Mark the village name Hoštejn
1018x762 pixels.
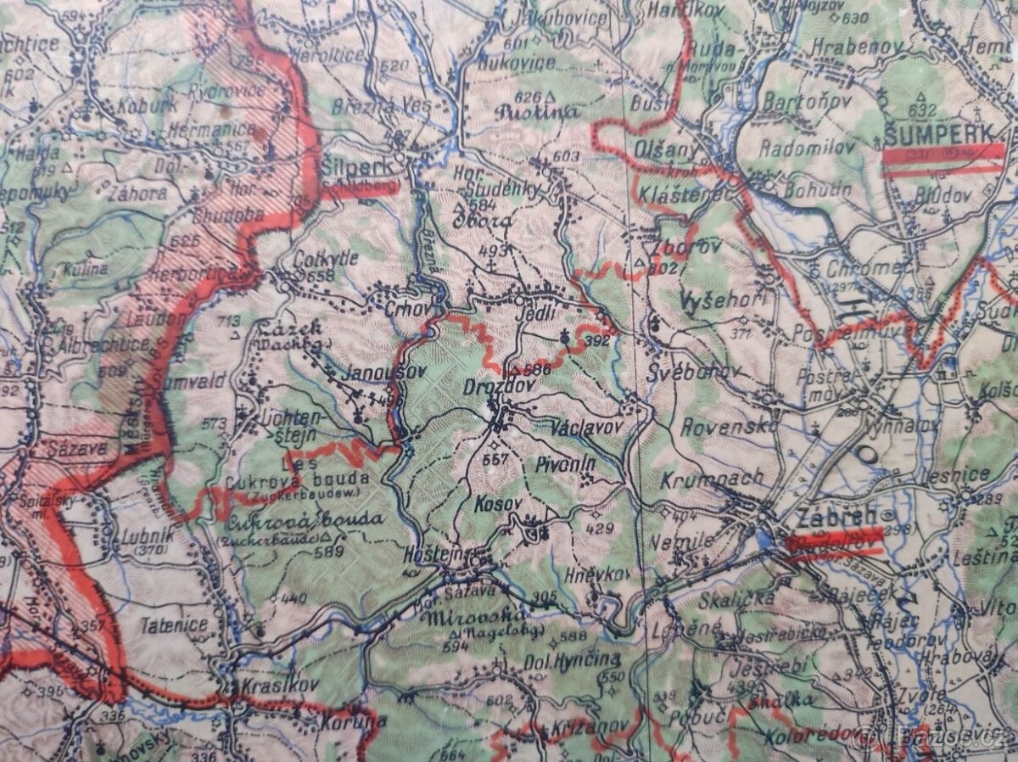coord(435,552)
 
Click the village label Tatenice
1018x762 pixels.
coord(175,625)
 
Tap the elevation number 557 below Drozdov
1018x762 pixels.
coord(495,460)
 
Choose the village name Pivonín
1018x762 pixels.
coord(566,464)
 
